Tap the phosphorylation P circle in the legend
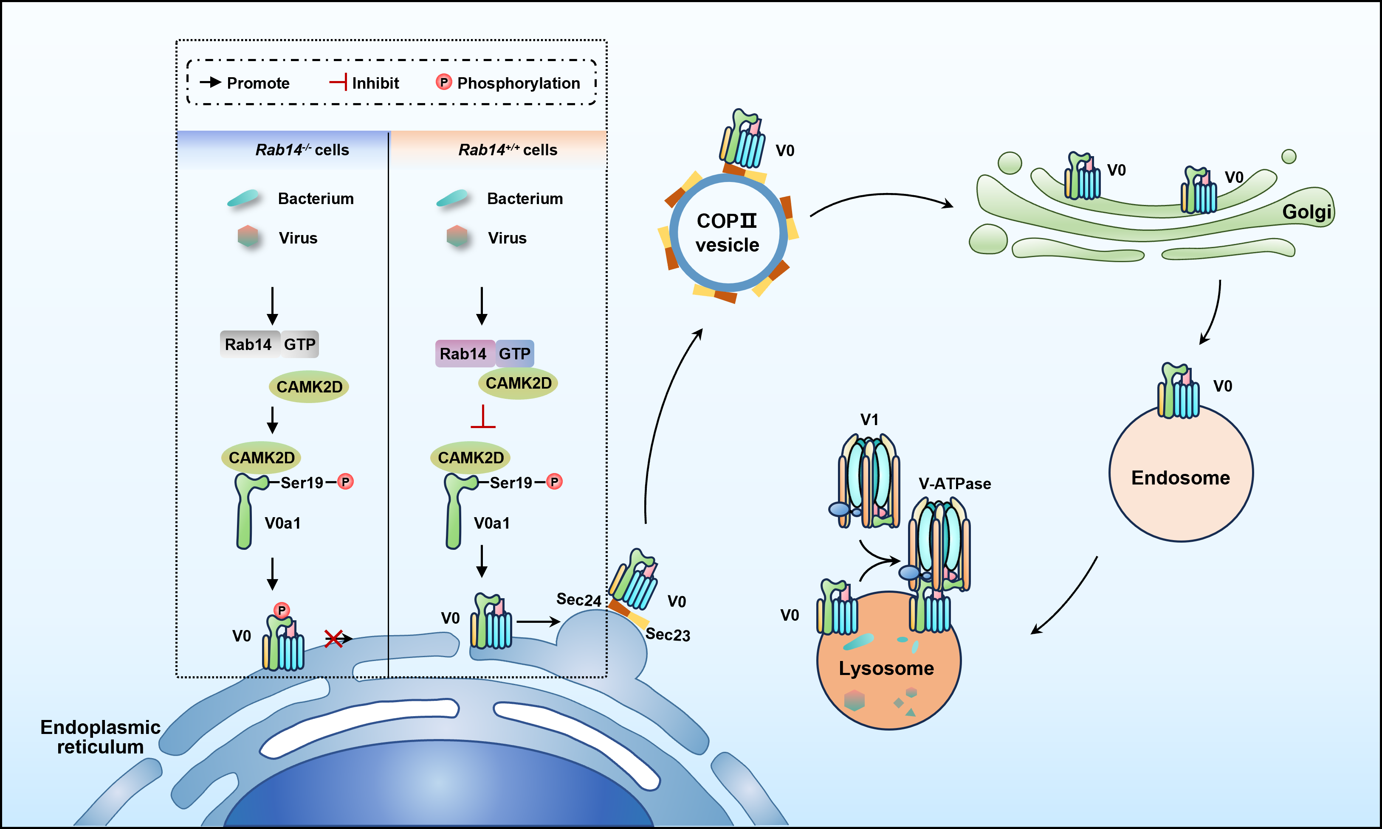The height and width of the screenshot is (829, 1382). tap(443, 82)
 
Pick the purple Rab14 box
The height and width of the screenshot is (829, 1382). tap(463, 353)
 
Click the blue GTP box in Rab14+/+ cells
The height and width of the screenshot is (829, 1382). tap(514, 353)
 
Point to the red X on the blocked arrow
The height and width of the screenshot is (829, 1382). tap(334, 638)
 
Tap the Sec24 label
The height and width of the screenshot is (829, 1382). tap(578, 599)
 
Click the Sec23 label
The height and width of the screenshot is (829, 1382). tap(668, 635)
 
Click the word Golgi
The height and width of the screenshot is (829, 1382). tap(1306, 212)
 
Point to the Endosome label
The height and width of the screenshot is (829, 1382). tap(1180, 478)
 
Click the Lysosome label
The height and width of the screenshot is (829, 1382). tap(886, 668)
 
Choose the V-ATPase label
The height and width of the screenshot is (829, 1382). tap(954, 484)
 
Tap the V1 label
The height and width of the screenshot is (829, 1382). tap(869, 420)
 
